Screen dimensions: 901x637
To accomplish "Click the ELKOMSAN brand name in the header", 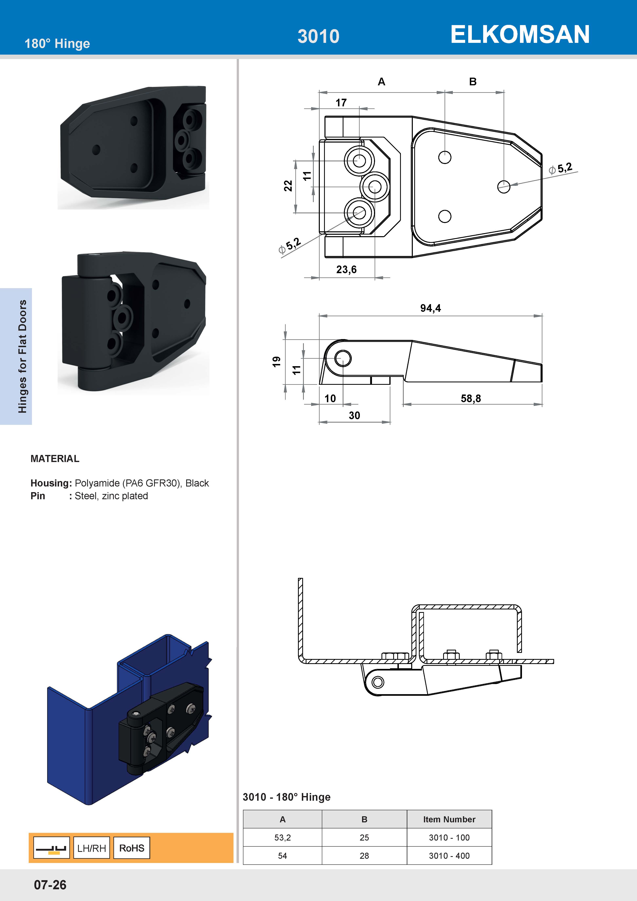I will coord(520,35).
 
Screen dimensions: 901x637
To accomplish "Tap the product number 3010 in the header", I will coord(318,36).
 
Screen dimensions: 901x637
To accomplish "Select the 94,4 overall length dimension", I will coord(430,308).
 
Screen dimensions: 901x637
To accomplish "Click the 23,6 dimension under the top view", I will coord(346,270).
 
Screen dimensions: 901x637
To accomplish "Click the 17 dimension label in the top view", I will coord(341,103).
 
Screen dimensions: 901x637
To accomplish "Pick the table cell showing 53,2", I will coord(282,838).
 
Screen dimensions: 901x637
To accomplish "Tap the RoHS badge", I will coord(132,848).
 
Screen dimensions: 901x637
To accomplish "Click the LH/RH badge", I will coord(91,848).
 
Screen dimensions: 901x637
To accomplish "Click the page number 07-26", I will coord(50,884).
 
